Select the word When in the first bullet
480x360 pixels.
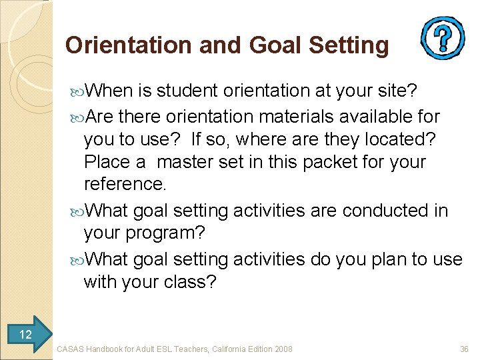[x=110, y=90]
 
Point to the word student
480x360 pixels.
[x=189, y=90]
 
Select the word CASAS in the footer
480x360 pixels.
[x=71, y=349]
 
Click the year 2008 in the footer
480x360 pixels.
[x=283, y=349]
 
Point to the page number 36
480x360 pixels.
[x=464, y=349]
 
